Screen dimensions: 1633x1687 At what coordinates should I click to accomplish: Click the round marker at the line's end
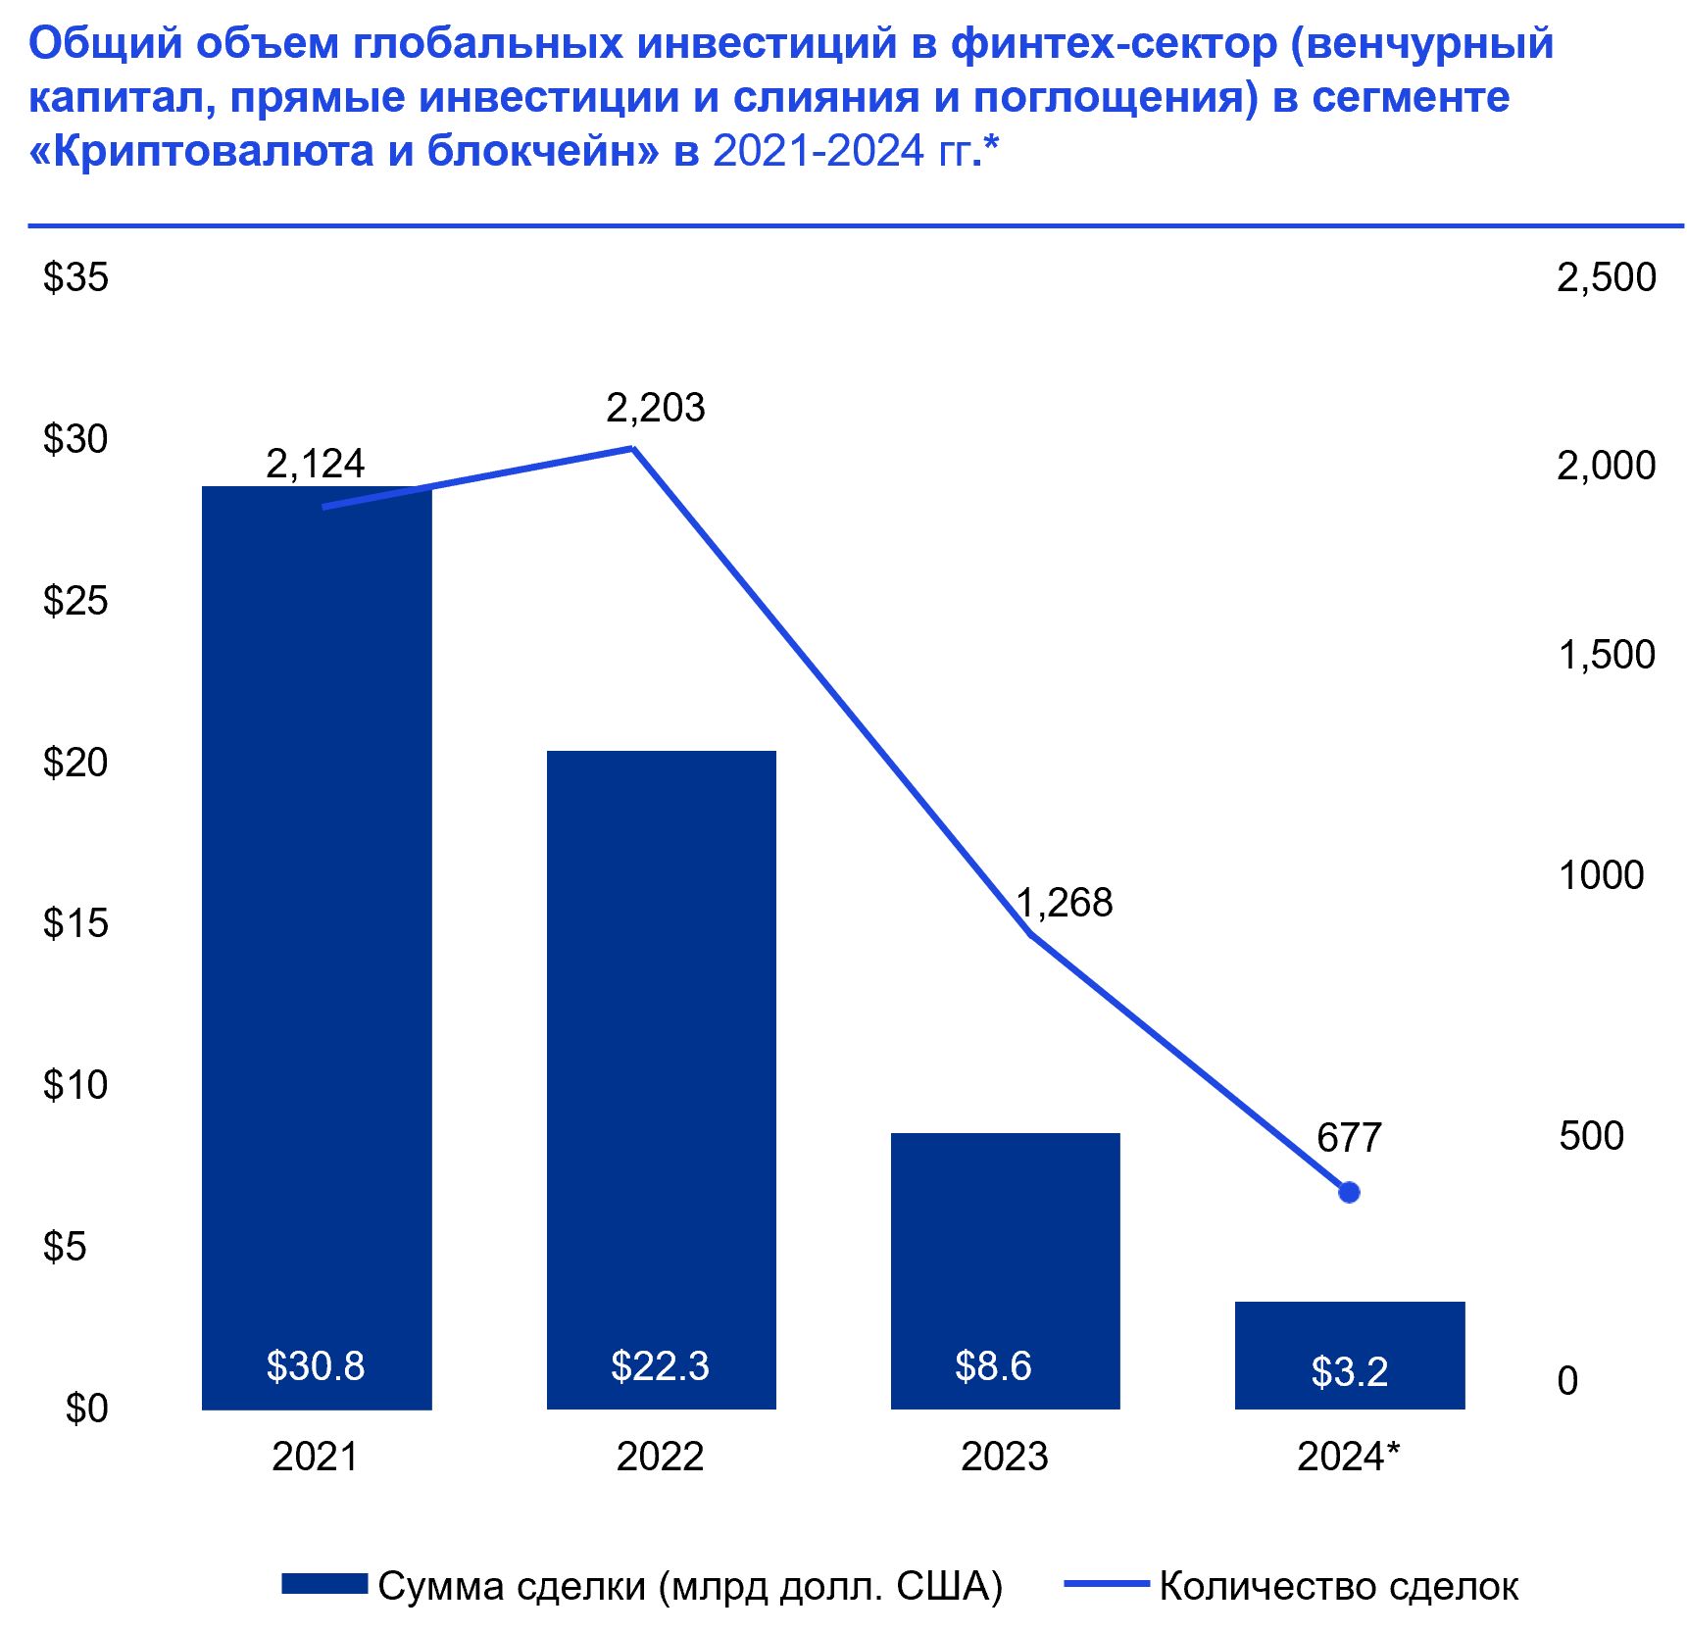click(x=1349, y=1192)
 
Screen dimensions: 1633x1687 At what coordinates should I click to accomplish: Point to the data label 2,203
click(x=655, y=408)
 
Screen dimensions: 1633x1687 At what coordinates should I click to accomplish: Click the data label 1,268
click(x=1064, y=903)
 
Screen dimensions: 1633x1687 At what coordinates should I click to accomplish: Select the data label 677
click(x=1349, y=1137)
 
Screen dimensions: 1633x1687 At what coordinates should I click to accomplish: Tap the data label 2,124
click(x=315, y=464)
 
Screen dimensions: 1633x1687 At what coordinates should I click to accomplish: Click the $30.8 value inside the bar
click(x=315, y=1365)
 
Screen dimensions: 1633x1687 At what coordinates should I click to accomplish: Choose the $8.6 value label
click(x=993, y=1365)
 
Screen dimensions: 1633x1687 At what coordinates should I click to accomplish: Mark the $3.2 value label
click(x=1349, y=1371)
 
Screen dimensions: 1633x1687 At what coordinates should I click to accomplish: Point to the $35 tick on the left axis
click(x=75, y=277)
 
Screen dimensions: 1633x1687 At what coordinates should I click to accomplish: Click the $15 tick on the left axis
click(x=75, y=923)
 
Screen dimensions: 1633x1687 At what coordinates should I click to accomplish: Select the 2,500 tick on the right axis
click(x=1606, y=277)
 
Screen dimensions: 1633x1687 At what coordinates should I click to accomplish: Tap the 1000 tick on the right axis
click(x=1601, y=874)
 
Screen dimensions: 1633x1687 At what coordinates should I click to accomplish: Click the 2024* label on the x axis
click(x=1348, y=1457)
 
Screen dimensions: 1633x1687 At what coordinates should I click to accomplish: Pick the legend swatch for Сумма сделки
click(x=323, y=1584)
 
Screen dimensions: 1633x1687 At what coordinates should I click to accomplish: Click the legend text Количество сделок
click(x=1338, y=1586)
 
